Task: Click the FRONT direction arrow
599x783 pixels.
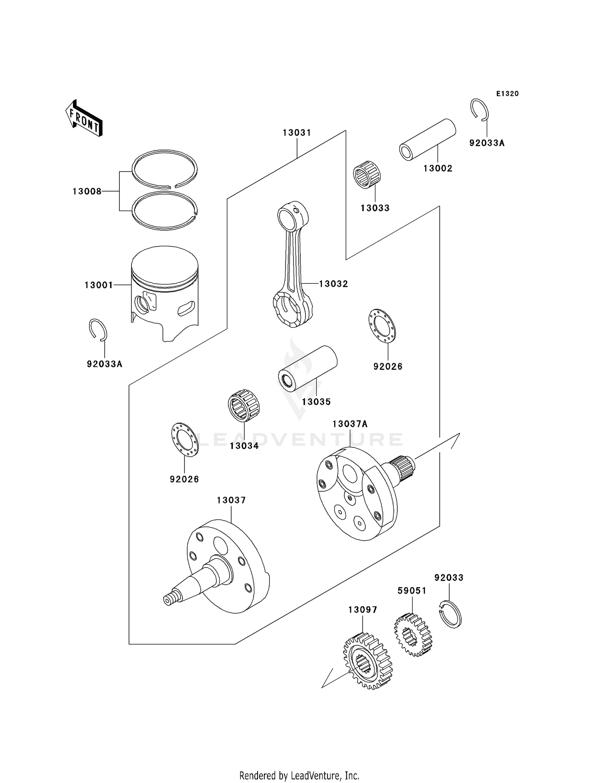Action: coord(84,119)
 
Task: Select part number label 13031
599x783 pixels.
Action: coord(297,133)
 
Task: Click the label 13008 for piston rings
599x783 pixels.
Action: coord(87,192)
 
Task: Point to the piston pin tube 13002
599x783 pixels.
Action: coord(428,140)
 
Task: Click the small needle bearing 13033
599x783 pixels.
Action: coord(367,174)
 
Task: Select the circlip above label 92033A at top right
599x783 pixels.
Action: coord(479,109)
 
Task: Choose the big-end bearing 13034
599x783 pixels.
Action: coord(244,405)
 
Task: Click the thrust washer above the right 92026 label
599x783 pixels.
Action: coord(381,326)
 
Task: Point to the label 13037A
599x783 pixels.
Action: coord(350,424)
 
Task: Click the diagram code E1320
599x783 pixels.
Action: coord(507,94)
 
